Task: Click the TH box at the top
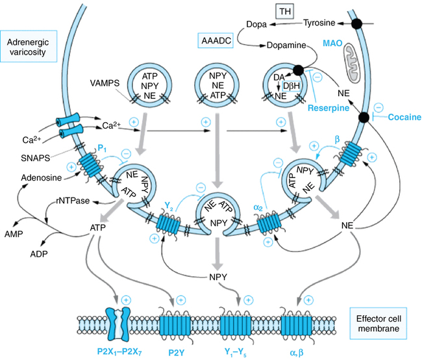284,10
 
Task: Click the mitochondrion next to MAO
354,58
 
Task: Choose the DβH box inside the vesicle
291,86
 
